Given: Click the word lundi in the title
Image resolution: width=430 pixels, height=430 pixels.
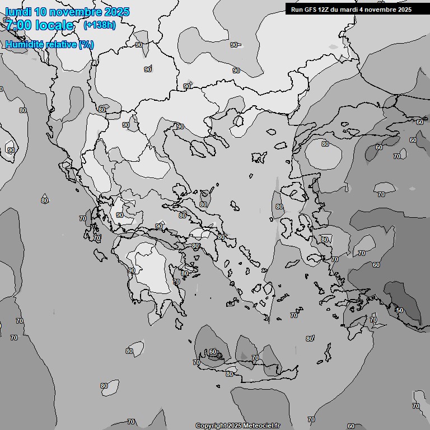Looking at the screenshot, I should [x=18, y=12].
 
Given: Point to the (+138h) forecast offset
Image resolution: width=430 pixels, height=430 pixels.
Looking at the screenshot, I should [x=99, y=25].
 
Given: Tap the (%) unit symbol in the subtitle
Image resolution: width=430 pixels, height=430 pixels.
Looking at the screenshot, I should [x=86, y=44].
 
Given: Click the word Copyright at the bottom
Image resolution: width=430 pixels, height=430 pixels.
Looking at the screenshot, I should [x=211, y=426].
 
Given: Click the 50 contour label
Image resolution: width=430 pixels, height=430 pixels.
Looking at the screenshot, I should [x=399, y=310].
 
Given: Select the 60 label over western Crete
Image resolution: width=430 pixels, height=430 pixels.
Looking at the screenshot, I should [x=213, y=352].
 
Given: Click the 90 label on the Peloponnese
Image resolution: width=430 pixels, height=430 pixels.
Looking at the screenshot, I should [x=131, y=270].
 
